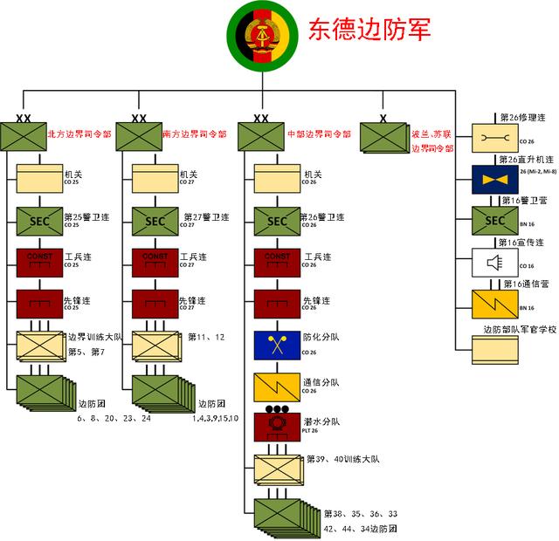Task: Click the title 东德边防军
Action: [x=369, y=30]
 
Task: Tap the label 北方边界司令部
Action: [x=79, y=134]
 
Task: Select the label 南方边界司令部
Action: [x=195, y=134]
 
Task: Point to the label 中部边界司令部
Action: [x=319, y=134]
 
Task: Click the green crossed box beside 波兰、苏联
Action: [x=383, y=137]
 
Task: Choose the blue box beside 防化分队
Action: [x=277, y=346]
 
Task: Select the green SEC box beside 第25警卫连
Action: [x=40, y=221]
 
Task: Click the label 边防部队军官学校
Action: [x=520, y=331]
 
